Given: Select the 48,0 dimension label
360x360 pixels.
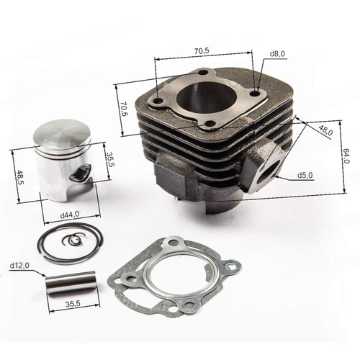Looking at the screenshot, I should (325, 132).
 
